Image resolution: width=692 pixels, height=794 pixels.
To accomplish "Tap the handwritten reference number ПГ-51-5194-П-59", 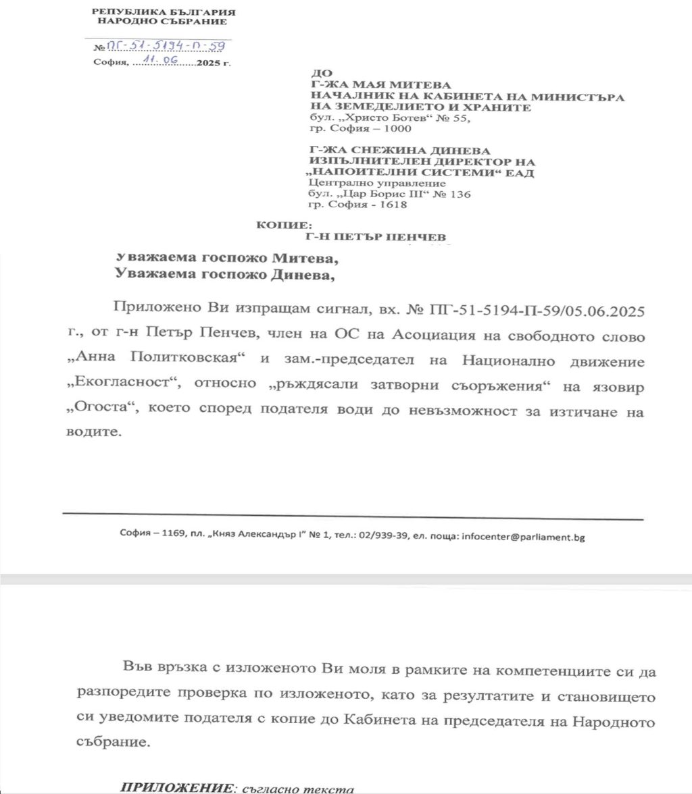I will (x=170, y=47).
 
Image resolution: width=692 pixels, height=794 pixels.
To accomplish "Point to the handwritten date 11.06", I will (x=155, y=62).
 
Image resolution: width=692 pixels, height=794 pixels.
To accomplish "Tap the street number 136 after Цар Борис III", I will (x=460, y=194).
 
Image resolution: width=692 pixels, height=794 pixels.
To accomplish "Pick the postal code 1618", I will (x=395, y=205).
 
